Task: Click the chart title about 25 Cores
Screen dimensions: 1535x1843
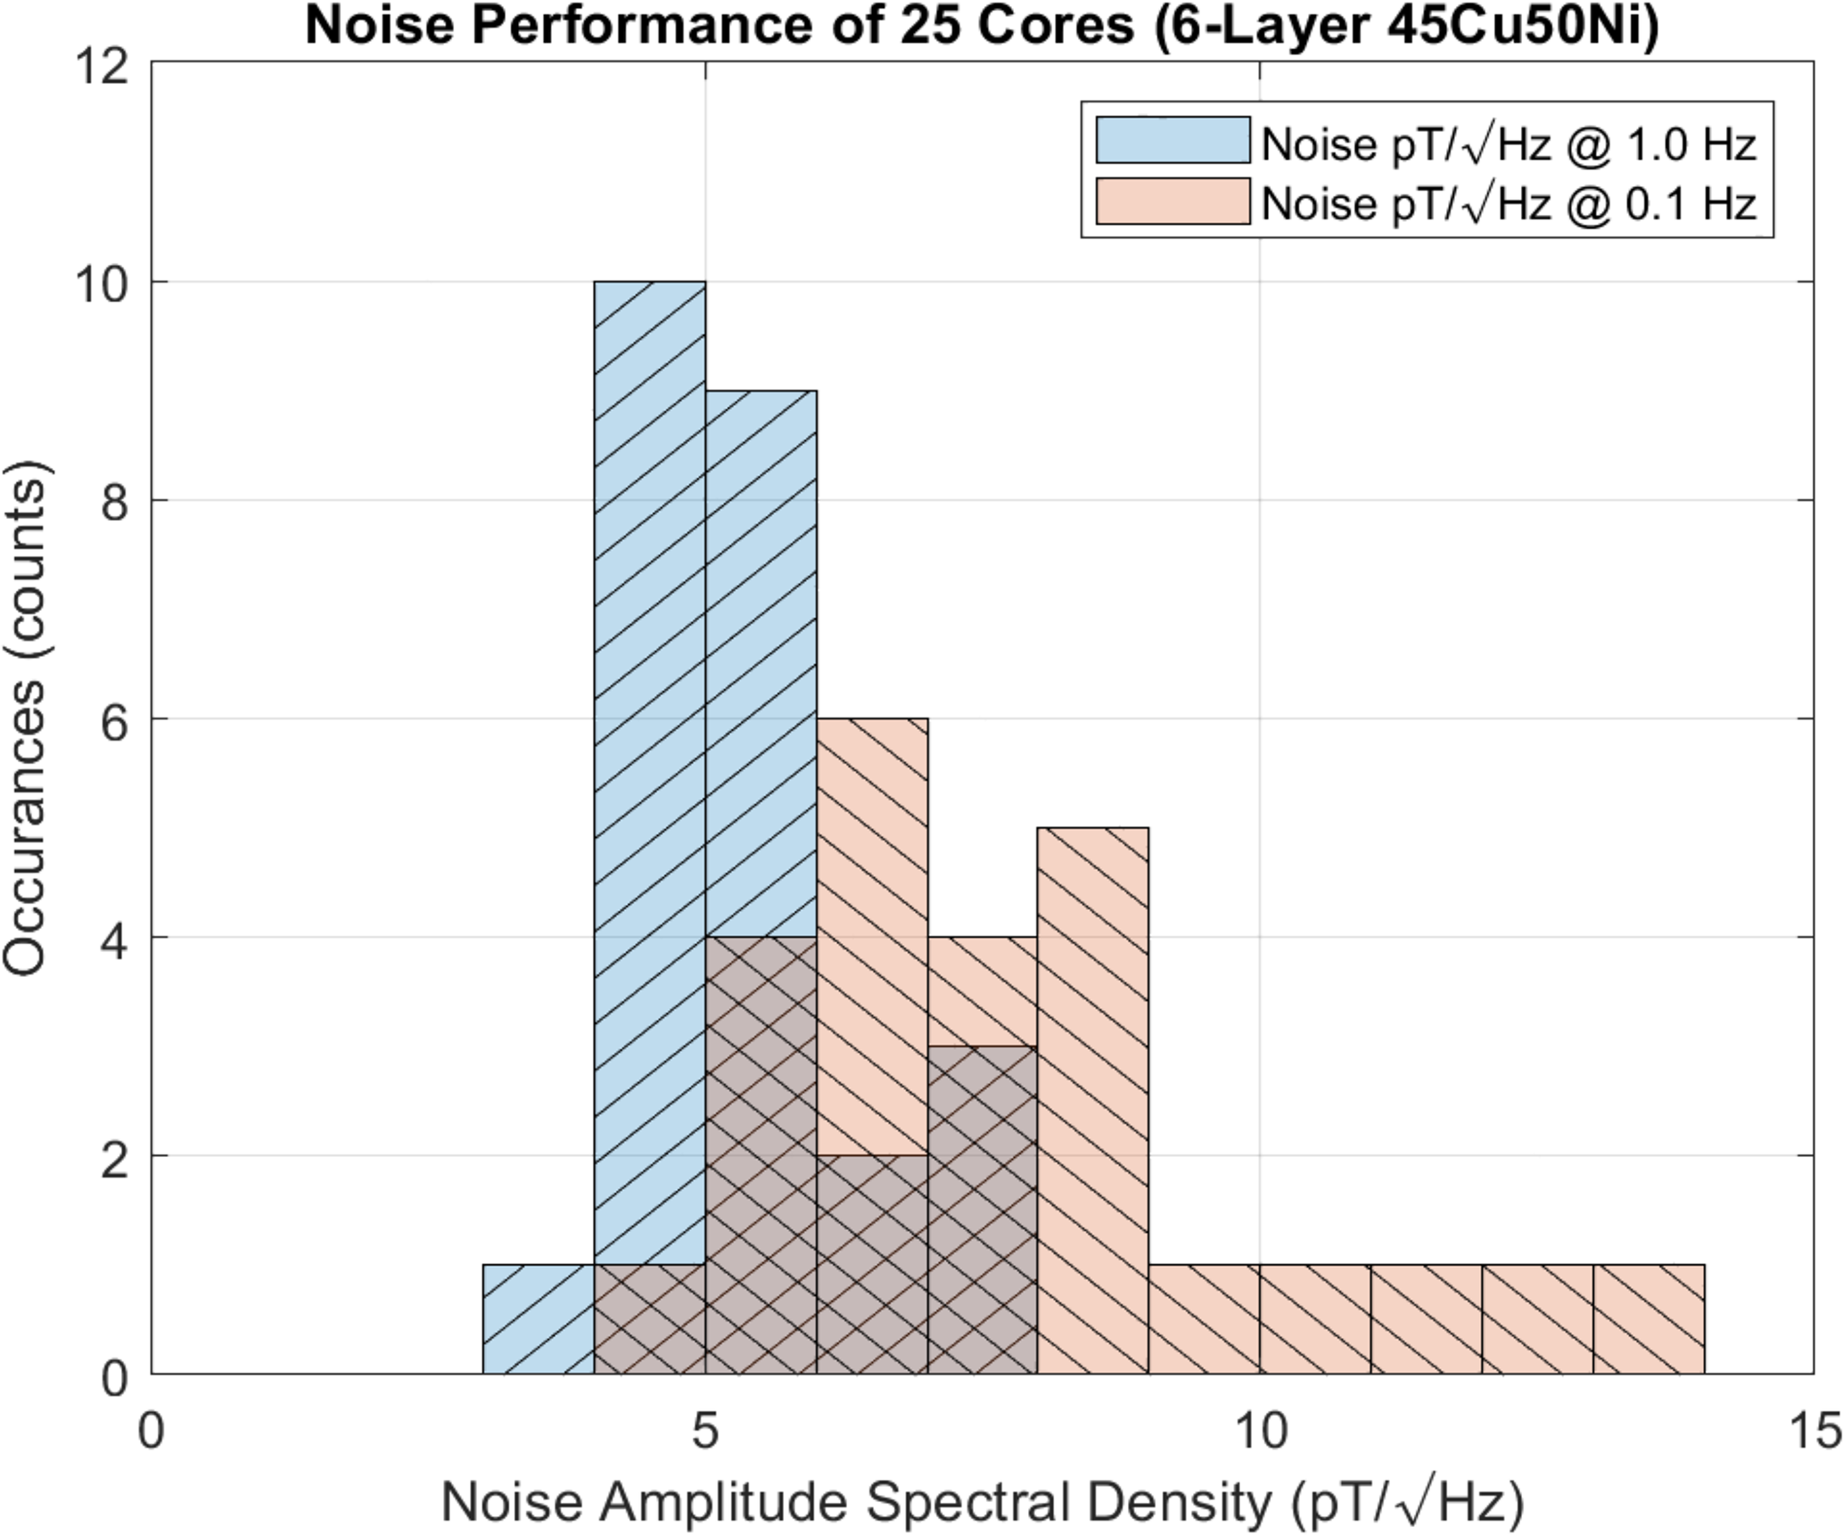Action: [x=982, y=27]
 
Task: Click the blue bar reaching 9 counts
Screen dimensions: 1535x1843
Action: [x=761, y=660]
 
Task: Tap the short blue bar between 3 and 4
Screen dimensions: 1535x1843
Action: [x=539, y=1319]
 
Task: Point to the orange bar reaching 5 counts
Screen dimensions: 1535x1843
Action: [x=1093, y=1070]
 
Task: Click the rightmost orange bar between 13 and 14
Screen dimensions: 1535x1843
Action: [x=1649, y=1319]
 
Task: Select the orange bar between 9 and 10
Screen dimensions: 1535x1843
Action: [x=1204, y=1319]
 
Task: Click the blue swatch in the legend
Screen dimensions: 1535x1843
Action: [x=1172, y=140]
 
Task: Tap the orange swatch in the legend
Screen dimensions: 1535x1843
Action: [x=1172, y=201]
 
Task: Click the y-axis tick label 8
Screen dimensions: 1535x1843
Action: [x=113, y=501]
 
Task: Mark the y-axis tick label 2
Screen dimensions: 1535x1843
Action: [x=113, y=1156]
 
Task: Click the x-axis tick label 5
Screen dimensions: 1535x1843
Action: [x=705, y=1432]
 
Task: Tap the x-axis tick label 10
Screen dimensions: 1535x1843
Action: [x=1260, y=1432]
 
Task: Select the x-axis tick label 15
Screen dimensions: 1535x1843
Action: [x=1814, y=1432]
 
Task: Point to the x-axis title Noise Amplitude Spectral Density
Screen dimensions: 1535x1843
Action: [x=982, y=1503]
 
